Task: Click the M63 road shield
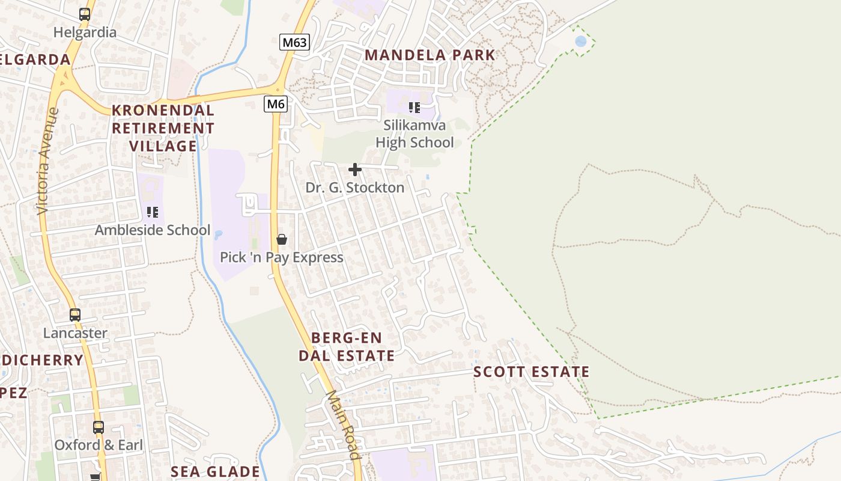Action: pyautogui.click(x=294, y=43)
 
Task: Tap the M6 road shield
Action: pyautogui.click(x=276, y=104)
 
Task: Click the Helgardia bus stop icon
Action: pyautogui.click(x=85, y=14)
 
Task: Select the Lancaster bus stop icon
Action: pyautogui.click(x=75, y=314)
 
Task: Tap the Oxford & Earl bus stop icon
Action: pyautogui.click(x=99, y=427)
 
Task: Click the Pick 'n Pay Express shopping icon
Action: pyautogui.click(x=282, y=239)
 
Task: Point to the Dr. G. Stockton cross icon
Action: pyautogui.click(x=355, y=170)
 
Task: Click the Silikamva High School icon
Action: pyautogui.click(x=414, y=108)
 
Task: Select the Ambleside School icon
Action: pyautogui.click(x=153, y=212)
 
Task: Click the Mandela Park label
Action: pyautogui.click(x=430, y=55)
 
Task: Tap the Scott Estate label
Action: pyautogui.click(x=532, y=372)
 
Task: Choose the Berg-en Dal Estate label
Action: pyautogui.click(x=347, y=346)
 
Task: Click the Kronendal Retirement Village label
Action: pyautogui.click(x=163, y=128)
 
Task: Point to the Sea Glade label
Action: pyautogui.click(x=216, y=471)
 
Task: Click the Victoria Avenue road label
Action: pyautogui.click(x=47, y=161)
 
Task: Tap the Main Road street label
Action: pyautogui.click(x=343, y=424)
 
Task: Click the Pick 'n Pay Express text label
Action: pyautogui.click(x=282, y=257)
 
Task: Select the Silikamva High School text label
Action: pyautogui.click(x=414, y=134)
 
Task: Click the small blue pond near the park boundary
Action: pyautogui.click(x=580, y=41)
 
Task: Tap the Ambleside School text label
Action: pyautogui.click(x=153, y=230)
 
